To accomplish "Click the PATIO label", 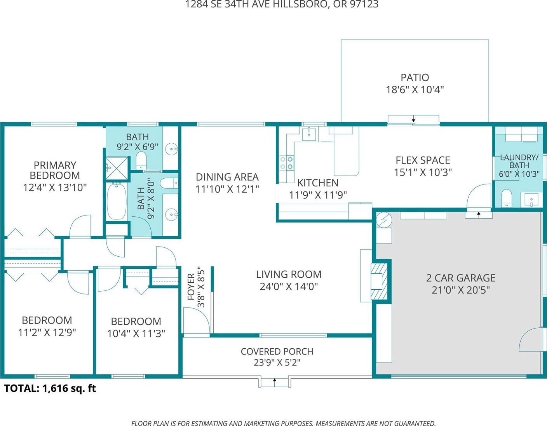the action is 415,78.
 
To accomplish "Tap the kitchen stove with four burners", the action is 287,163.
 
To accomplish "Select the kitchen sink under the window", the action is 309,134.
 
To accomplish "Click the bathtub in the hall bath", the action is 117,201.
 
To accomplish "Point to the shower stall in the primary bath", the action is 117,169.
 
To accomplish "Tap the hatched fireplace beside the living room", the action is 379,282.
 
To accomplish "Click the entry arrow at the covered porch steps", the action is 275,383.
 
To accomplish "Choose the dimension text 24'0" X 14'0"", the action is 289,286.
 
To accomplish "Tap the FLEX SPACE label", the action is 423,160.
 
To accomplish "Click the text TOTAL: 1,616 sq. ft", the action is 50,388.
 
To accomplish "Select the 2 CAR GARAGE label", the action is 461,278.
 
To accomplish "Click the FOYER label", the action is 191,287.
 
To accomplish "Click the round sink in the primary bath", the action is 171,149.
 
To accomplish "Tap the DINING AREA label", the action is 227,177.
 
